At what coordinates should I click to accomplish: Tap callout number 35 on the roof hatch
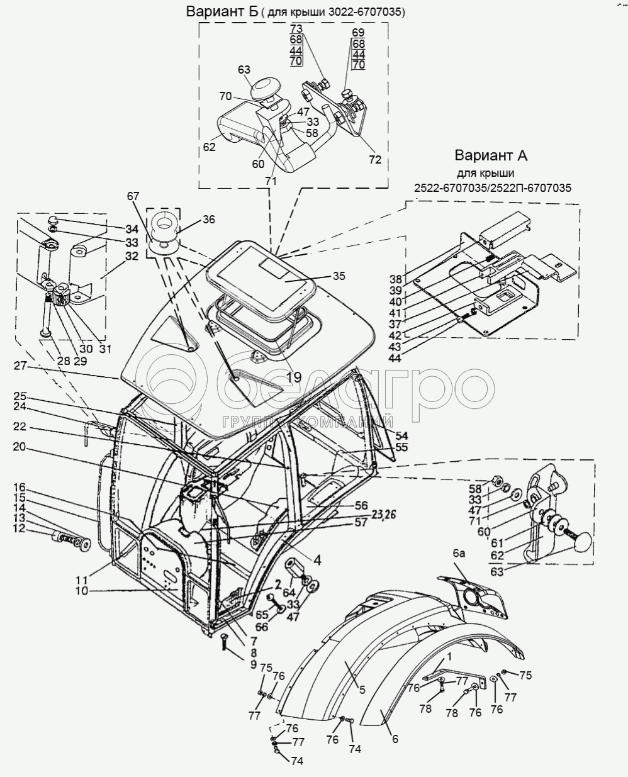[339, 276]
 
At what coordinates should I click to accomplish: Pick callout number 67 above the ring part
[133, 197]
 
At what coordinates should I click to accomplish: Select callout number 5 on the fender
[362, 690]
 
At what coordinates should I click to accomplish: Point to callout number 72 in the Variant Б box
[375, 160]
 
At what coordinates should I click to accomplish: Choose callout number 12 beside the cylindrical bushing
[20, 528]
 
